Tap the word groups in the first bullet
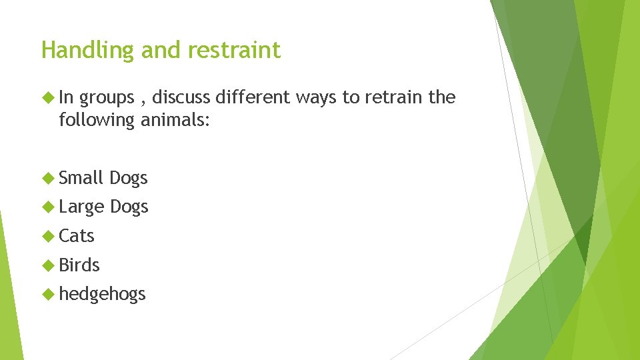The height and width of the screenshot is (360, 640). click(107, 98)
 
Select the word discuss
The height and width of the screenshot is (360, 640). click(181, 97)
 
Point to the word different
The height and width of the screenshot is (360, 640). click(254, 97)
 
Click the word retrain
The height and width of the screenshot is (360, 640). click(392, 97)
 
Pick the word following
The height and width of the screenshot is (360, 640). click(97, 120)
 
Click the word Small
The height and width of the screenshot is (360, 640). click(81, 178)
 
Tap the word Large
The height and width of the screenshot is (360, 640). click(81, 207)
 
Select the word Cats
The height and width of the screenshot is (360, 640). click(77, 236)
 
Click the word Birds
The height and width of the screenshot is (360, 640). click(79, 265)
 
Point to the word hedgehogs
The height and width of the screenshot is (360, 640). click(102, 295)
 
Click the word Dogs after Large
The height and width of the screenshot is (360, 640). click(129, 207)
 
